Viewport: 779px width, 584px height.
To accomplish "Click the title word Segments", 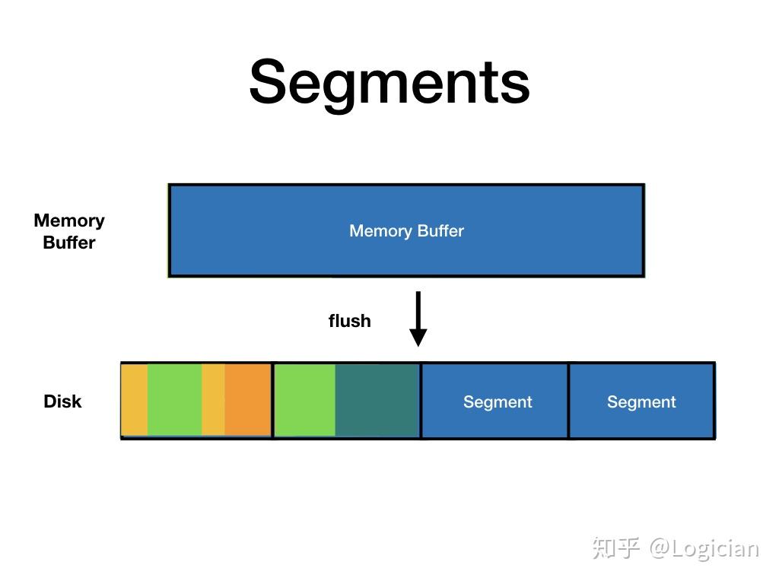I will pos(389,82).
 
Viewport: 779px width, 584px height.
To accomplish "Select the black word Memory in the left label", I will pos(69,221).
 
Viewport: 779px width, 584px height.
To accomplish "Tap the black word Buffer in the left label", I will pos(69,243).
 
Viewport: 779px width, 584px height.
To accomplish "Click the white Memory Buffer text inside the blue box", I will pos(406,231).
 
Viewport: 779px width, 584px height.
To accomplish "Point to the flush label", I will pos(349,321).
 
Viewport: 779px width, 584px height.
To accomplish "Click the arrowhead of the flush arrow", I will pos(418,337).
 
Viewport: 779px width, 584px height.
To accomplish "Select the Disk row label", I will pos(62,401).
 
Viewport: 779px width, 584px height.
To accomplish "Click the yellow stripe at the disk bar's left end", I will pos(135,400).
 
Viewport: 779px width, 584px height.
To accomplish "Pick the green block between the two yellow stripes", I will pos(174,400).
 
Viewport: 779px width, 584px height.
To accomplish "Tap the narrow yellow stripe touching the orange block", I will pos(213,400).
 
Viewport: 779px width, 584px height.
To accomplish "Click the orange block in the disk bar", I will pos(248,400).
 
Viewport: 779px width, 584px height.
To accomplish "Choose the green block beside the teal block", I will pos(305,400).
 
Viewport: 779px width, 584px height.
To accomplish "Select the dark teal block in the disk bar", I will pos(377,400).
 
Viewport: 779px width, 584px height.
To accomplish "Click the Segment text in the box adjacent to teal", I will pos(498,401).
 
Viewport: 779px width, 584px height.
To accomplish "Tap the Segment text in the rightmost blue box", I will pos(641,401).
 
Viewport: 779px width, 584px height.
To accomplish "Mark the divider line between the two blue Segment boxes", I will pos(568,400).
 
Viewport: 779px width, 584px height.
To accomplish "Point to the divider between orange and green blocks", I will pos(272,400).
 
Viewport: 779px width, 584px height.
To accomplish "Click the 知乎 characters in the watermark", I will pos(616,547).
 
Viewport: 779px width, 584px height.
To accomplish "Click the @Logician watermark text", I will pos(704,547).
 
